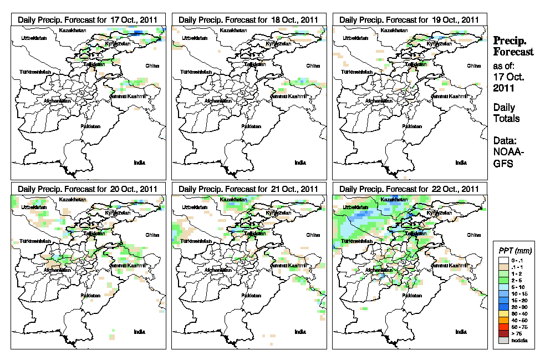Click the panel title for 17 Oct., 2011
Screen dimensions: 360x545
click(x=88, y=19)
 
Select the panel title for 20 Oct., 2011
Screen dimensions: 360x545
click(x=88, y=189)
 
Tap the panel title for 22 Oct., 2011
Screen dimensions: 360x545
click(x=409, y=189)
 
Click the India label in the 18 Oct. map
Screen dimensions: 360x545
click(x=300, y=163)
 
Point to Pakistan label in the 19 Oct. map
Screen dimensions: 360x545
click(x=411, y=126)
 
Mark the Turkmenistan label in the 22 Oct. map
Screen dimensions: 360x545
click(x=357, y=242)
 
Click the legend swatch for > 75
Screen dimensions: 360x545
click(x=502, y=334)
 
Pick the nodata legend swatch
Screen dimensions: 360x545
click(x=502, y=340)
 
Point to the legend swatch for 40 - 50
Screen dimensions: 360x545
click(x=502, y=321)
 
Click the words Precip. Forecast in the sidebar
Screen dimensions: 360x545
click(x=513, y=46)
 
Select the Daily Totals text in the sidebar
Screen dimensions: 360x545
click(x=506, y=113)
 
